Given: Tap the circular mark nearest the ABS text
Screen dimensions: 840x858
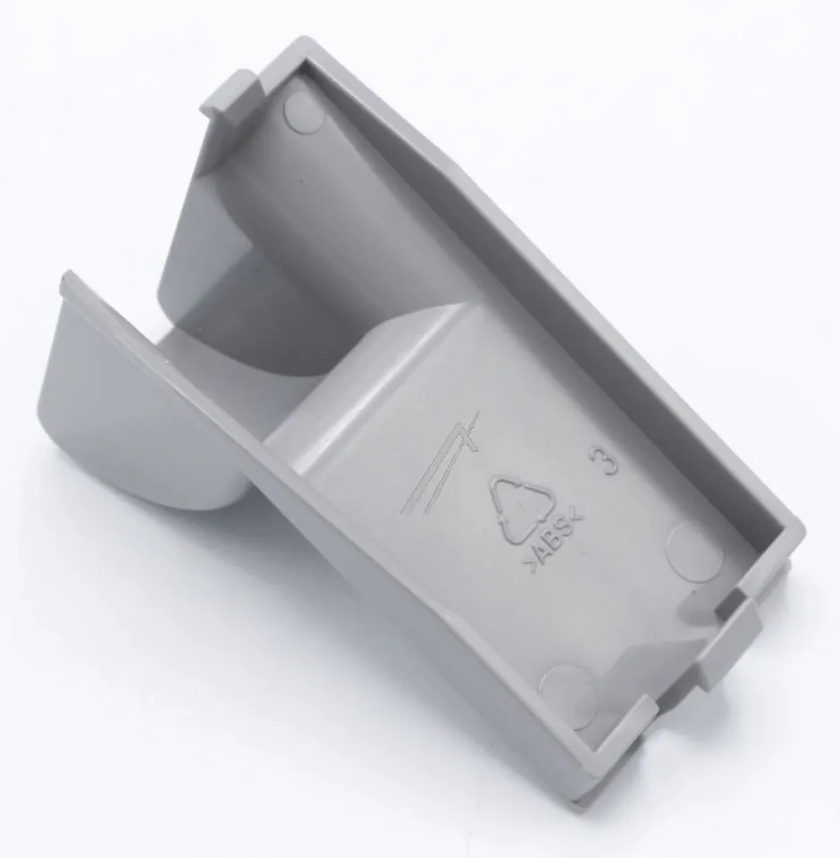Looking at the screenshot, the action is [693, 551].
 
